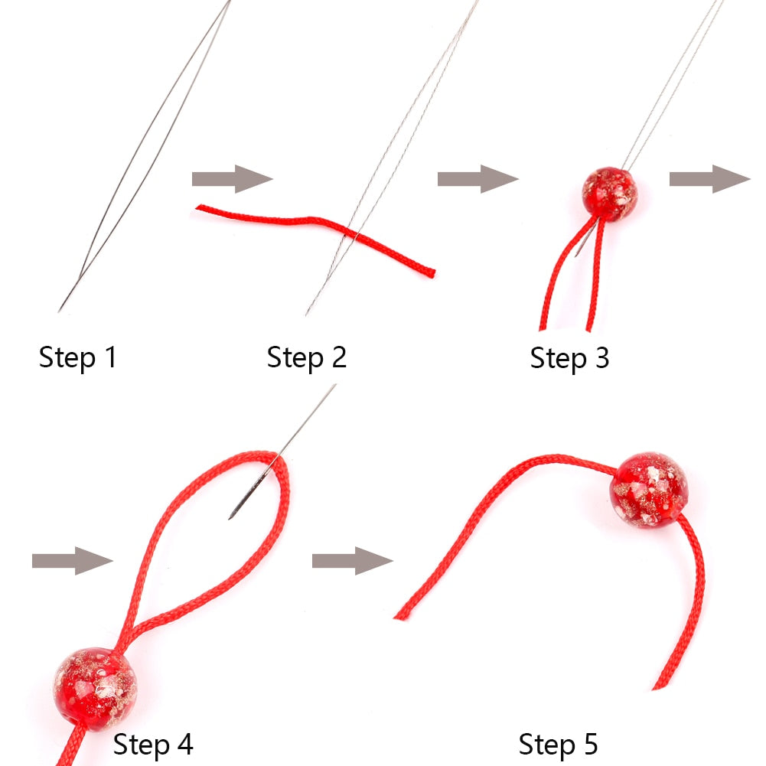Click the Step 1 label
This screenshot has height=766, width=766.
coord(78,357)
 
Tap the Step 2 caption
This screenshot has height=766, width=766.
coord(306,357)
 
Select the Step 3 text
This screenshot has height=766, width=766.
coord(569,358)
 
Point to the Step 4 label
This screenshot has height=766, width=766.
coord(153,745)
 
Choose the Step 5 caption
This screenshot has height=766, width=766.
coord(558,745)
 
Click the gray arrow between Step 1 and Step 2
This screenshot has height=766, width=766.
coord(232,179)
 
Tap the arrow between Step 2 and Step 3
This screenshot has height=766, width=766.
coord(478,179)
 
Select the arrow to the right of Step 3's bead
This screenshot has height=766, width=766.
coord(709,179)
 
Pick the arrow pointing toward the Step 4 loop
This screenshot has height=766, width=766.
coord(72,561)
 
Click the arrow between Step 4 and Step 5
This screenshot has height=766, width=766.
coord(352,561)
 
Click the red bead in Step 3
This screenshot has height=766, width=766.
coord(610,194)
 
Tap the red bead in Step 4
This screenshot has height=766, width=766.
coord(95,689)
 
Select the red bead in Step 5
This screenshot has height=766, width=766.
coord(649,490)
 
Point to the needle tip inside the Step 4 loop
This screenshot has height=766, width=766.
coord(230,518)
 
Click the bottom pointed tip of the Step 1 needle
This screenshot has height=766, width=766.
coord(59,311)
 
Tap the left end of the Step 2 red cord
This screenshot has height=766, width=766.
coord(198,207)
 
